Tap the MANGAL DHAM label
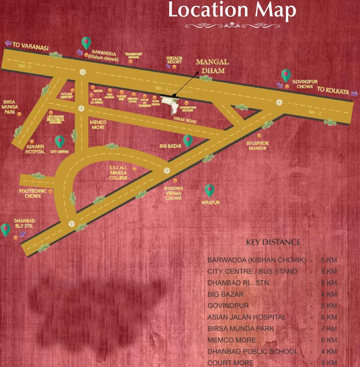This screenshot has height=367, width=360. coord(213,66)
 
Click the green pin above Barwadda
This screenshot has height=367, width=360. coord(86,43)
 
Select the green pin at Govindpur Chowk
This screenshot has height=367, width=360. coord(286,75)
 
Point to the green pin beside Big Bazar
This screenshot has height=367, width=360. coord(188,140)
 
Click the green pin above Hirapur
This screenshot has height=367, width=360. coord(209,190)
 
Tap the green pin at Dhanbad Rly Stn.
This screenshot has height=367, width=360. coord(6,229)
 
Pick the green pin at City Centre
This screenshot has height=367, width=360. coord(60,141)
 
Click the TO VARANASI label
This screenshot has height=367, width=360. coord(31,46)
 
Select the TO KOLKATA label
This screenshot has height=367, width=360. coord(333,90)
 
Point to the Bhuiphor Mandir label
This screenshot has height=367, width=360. coord(258,145)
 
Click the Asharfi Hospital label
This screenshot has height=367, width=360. coord(35,149)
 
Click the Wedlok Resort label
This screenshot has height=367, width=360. coord(175,60)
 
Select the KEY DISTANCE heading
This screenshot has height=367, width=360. coord(273,242)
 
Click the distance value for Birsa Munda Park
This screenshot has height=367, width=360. coord(329,329)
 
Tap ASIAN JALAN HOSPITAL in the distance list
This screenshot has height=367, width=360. coord(247,317)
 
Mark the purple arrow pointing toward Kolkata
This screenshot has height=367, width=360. coord(354,93)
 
